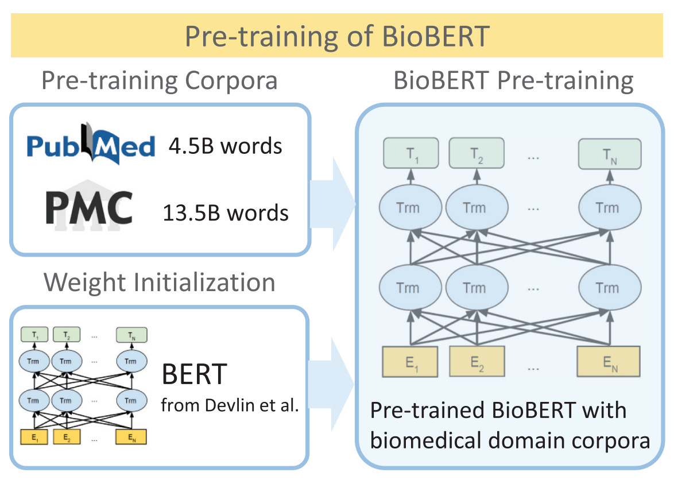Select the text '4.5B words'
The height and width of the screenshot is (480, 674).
tap(225, 146)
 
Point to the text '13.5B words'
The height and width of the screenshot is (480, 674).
tap(225, 212)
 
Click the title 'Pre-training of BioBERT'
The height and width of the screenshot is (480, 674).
tap(337, 36)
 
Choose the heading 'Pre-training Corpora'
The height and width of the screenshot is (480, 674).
tap(160, 81)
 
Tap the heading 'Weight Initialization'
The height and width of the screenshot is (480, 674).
tap(160, 282)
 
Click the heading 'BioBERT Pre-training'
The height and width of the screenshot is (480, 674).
tap(513, 81)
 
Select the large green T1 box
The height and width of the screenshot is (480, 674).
tap(411, 153)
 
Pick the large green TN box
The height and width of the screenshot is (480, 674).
tap(609, 153)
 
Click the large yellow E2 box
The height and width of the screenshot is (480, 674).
tap(476, 361)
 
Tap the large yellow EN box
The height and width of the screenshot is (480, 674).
tap(609, 361)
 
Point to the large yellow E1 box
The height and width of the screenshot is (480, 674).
tap(410, 361)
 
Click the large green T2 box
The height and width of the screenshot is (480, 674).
tap(477, 153)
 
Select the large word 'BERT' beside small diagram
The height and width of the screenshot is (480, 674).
tap(195, 376)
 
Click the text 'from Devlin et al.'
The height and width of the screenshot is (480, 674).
tap(230, 406)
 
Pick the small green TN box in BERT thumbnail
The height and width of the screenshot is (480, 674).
tap(131, 334)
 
